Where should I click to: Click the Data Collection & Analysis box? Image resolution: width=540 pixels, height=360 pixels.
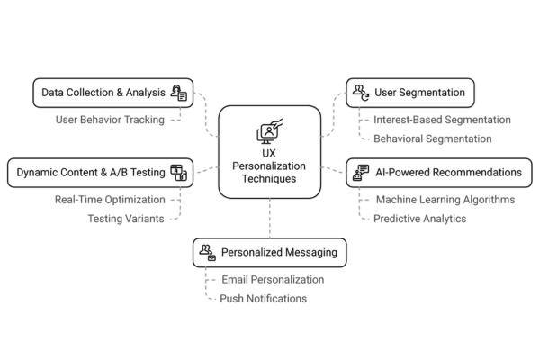tap(112, 92)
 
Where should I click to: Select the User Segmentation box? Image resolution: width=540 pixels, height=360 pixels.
tap(410, 92)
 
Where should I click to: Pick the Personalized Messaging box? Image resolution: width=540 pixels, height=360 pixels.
tap(269, 252)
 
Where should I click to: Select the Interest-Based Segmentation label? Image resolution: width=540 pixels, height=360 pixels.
tap(443, 120)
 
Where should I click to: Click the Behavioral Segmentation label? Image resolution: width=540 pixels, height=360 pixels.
tap(433, 139)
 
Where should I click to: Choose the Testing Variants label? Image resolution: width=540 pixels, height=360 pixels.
tap(126, 219)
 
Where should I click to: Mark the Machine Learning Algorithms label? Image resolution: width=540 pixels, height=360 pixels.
tap(445, 199)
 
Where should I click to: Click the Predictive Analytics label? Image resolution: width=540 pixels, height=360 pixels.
tap(419, 219)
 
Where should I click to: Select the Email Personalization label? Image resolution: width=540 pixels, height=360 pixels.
tap(272, 279)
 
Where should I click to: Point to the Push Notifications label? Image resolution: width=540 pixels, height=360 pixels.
tap(263, 298)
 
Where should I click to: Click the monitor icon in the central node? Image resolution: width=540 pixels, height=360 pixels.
tap(269, 132)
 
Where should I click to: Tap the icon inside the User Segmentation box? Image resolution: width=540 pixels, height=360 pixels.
tap(360, 92)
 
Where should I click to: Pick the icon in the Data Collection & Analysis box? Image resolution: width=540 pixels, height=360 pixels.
tap(179, 92)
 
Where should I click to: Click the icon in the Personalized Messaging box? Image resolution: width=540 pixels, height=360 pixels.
tap(207, 252)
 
